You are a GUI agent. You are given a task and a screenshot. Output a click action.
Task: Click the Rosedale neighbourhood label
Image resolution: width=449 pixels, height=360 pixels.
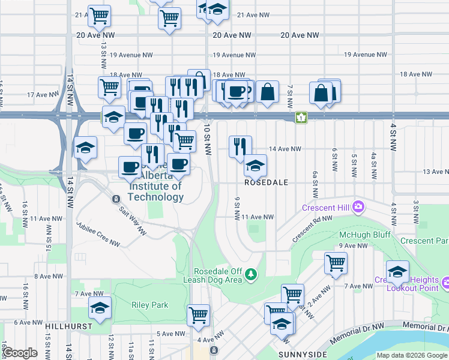click(267, 182)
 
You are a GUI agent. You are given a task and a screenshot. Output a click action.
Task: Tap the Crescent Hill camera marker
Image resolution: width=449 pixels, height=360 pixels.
click(358, 207)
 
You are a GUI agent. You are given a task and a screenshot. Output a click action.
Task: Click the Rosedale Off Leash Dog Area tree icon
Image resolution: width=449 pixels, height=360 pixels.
click(251, 275)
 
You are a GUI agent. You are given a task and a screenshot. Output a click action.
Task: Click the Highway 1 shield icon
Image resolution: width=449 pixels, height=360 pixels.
click(301, 118)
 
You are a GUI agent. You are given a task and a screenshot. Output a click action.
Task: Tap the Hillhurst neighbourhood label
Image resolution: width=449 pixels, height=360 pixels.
click(68, 326)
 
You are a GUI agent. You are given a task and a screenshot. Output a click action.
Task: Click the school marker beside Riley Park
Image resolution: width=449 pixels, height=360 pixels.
click(100, 308)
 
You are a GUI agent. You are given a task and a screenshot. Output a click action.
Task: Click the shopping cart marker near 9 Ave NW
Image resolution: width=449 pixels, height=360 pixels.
click(336, 262)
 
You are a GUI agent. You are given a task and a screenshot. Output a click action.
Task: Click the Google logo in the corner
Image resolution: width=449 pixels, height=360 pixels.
click(19, 353)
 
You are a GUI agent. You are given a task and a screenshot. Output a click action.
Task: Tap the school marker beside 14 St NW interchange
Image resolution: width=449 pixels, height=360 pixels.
click(86, 148)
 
